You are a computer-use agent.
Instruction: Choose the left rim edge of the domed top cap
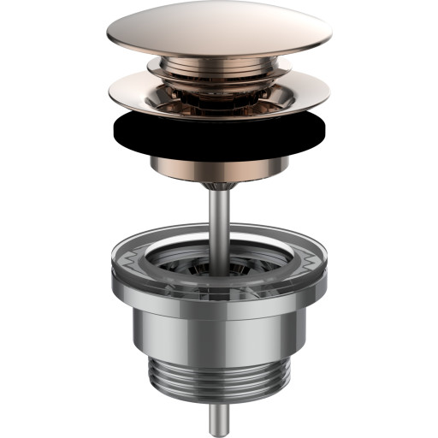109,38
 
